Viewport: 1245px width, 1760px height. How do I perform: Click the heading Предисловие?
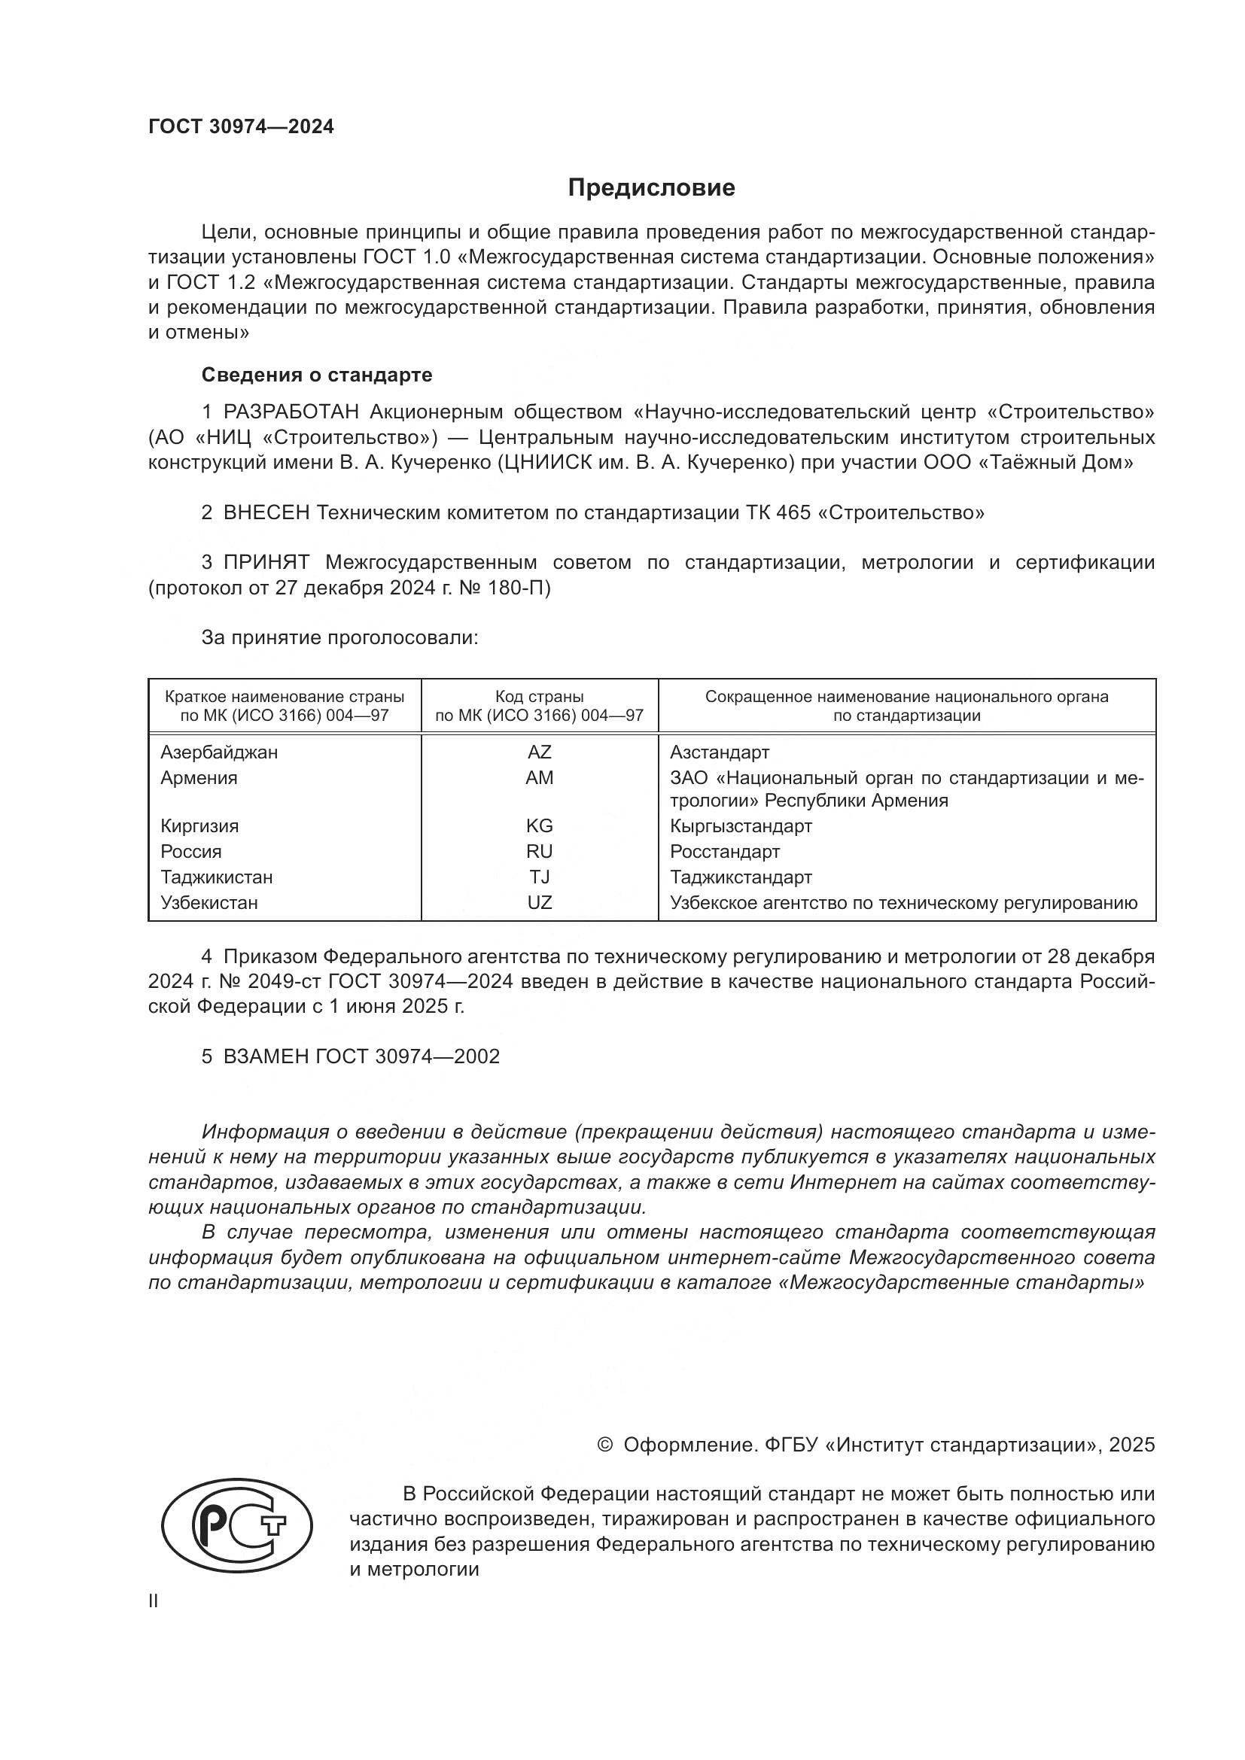[651, 188]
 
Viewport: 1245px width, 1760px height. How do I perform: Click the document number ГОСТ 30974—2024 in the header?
[241, 127]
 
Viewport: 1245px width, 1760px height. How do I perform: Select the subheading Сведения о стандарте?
[317, 375]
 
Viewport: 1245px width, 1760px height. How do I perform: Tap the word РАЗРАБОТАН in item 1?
[291, 412]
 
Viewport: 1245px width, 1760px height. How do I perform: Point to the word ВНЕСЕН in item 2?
[266, 513]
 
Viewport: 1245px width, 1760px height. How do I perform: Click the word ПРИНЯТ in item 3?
[266, 563]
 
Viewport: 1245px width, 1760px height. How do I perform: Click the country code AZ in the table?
[539, 752]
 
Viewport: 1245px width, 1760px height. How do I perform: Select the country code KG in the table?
[539, 825]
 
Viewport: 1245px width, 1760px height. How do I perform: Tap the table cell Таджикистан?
[216, 877]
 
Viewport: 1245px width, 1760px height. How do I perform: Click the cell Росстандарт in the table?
[724, 852]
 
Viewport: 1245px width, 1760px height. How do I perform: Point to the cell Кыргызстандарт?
[741, 825]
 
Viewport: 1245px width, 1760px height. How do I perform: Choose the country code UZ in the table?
[539, 902]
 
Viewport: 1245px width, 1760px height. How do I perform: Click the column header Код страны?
[539, 697]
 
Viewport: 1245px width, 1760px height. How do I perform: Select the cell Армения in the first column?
[199, 778]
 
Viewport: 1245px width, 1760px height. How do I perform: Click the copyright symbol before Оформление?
[605, 1445]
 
